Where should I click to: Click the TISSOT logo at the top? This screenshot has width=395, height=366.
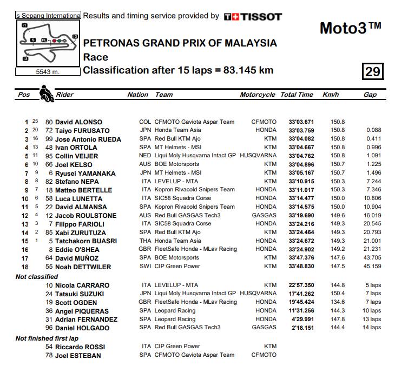point(253,17)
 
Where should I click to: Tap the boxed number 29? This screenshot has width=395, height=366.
point(373,72)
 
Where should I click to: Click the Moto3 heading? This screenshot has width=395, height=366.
point(350,28)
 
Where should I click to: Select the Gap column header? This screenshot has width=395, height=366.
point(370,95)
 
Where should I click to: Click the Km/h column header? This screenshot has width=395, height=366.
point(331,95)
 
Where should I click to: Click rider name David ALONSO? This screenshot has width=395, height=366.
point(78,122)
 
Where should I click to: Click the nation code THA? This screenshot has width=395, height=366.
point(145,241)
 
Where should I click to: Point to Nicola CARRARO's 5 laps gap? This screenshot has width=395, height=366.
point(373,285)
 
